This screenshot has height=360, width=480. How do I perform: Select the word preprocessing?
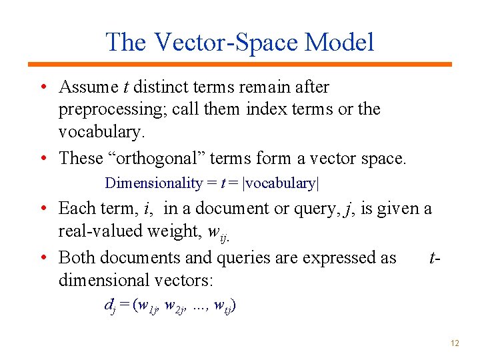pyautogui.click(x=113, y=109)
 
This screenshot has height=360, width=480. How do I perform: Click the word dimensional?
pyautogui.click(x=103, y=279)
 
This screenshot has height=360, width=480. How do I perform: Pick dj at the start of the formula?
pyautogui.click(x=109, y=306)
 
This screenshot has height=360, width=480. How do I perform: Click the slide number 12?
pyautogui.click(x=455, y=343)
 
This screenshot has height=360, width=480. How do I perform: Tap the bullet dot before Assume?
pyautogui.click(x=43, y=88)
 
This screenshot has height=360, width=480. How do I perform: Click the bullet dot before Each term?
pyautogui.click(x=43, y=209)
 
